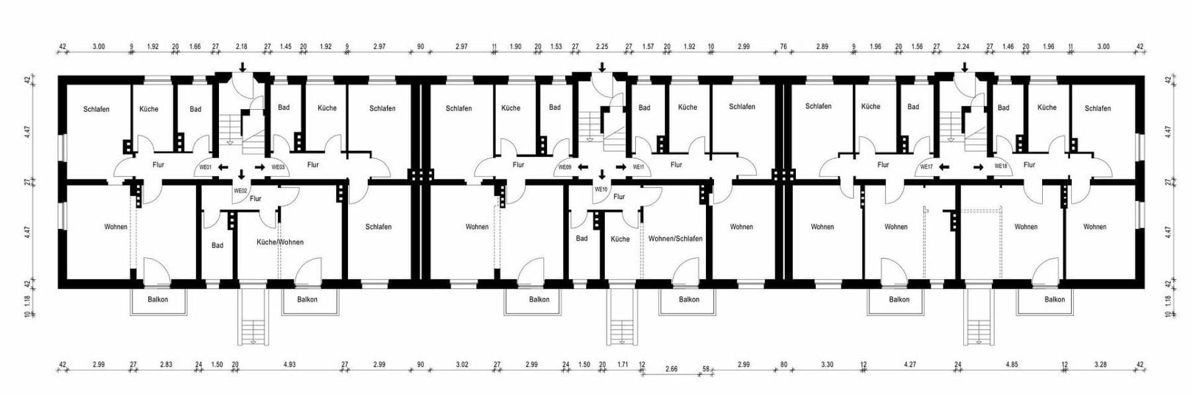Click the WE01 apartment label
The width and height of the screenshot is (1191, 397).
pyautogui.click(x=205, y=167)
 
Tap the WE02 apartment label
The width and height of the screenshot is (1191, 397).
pyautogui.click(x=240, y=191)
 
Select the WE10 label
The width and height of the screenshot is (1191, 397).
pyautogui.click(x=600, y=189)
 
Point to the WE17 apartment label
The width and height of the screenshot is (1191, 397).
pyautogui.click(x=926, y=167)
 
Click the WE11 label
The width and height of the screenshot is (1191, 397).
pyautogui.click(x=638, y=167)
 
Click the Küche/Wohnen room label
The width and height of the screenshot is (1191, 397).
pyautogui.click(x=280, y=242)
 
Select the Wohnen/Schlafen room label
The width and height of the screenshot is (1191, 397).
pyautogui.click(x=675, y=239)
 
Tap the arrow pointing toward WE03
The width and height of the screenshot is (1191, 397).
pyautogui.click(x=259, y=167)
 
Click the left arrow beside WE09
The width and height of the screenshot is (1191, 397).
pyautogui.click(x=582, y=167)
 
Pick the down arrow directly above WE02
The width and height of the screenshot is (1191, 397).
pyautogui.click(x=241, y=175)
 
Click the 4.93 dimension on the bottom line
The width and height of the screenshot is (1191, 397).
pyautogui.click(x=289, y=365)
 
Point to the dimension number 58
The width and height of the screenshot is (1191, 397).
pyautogui.click(x=706, y=369)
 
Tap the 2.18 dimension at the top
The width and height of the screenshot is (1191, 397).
pyautogui.click(x=242, y=47)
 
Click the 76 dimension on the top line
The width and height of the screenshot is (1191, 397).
pyautogui.click(x=783, y=47)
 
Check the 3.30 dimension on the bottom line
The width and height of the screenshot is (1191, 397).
pyautogui.click(x=827, y=365)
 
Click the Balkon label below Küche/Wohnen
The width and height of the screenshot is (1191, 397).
pyautogui.click(x=306, y=300)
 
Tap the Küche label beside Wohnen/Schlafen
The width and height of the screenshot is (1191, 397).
pyautogui.click(x=620, y=239)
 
